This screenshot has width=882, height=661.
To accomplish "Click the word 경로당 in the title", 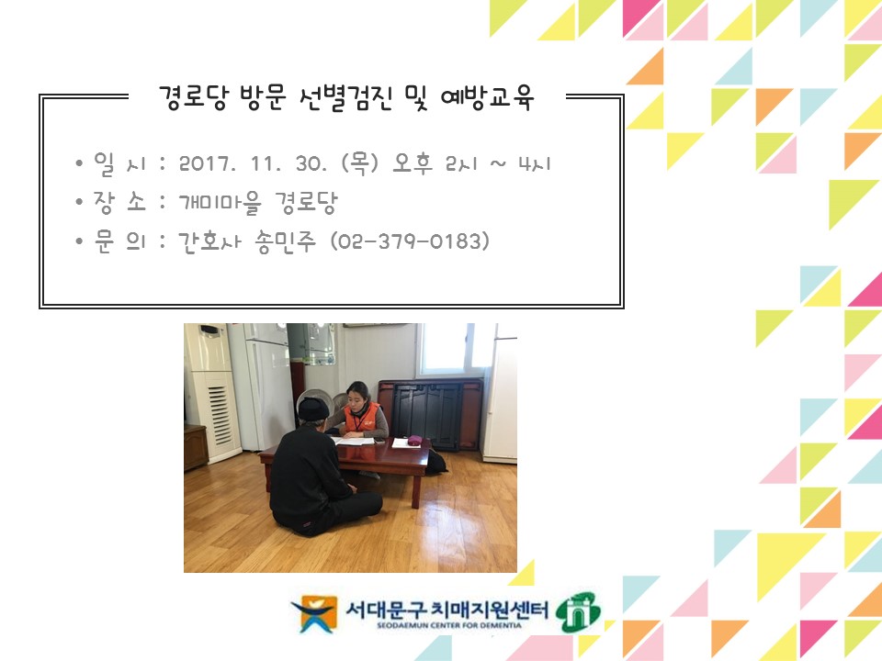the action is coord(194,98).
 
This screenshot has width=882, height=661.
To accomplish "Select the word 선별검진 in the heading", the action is coord(345,98).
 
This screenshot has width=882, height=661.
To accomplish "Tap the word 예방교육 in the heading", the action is coord(487,98).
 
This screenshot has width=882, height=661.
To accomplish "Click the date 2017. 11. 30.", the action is coord(253,164).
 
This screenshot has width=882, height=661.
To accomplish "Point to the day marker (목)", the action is coord(360,163).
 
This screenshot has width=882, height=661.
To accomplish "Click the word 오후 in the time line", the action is coord(413,163).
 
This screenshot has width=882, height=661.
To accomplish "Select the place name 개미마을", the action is coord(220,202).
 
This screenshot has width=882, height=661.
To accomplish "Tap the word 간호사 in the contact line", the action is coord(209,242).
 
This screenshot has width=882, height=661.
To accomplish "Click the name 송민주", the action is coord(285,242).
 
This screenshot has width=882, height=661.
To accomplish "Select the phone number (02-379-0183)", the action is coord(410,241).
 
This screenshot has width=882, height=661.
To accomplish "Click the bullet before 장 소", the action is coord(79,202).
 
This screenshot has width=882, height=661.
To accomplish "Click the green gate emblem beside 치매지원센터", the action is coord(578,612).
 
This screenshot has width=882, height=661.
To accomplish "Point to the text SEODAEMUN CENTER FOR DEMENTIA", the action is coord(449,625).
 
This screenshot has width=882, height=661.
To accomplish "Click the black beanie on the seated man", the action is coord(313,409).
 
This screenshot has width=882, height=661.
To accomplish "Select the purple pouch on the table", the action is coord(414,440).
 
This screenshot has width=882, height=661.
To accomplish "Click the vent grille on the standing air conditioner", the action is coord(220,413).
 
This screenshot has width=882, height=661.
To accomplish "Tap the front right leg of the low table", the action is coord(415,491).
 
